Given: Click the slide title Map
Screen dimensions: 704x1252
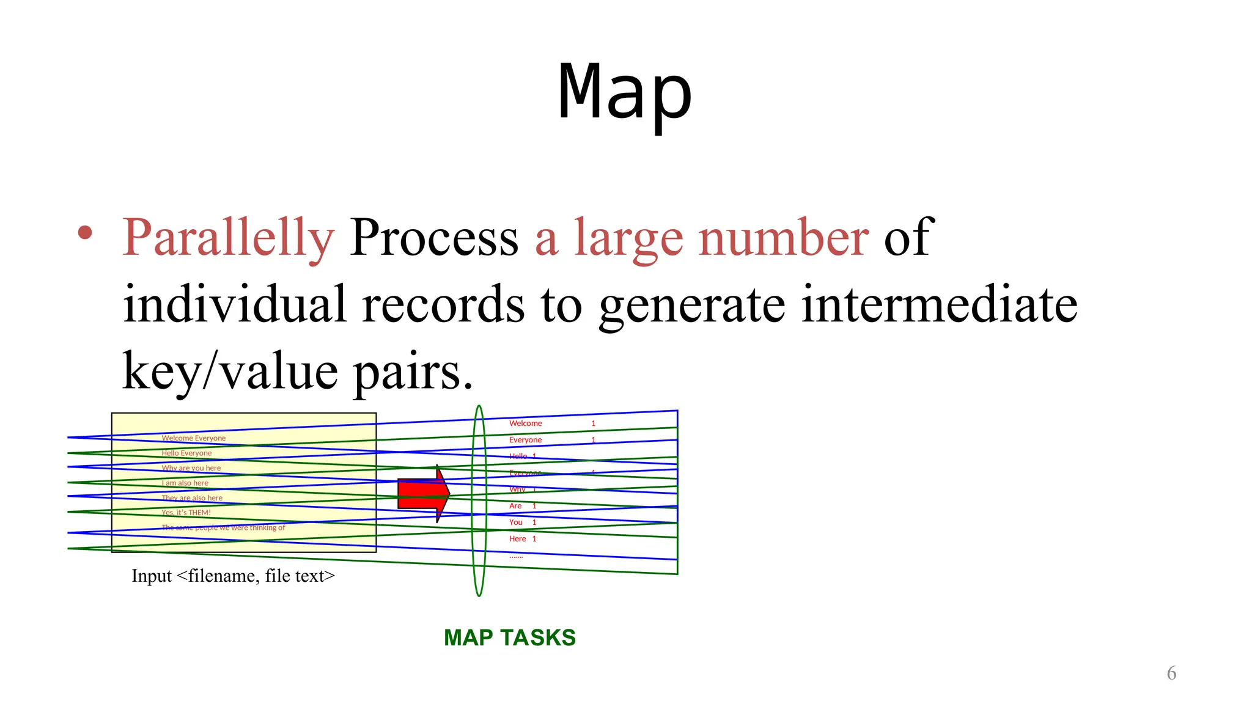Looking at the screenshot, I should click(x=625, y=93).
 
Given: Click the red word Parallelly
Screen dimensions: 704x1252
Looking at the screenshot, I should click(x=229, y=238).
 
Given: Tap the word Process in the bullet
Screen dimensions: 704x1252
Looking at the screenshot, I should click(x=434, y=238).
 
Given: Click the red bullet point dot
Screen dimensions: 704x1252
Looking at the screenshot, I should click(x=85, y=233).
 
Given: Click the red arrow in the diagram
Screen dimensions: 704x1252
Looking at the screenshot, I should click(x=423, y=494).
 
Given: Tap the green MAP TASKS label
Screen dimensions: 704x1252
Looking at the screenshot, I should click(x=509, y=637).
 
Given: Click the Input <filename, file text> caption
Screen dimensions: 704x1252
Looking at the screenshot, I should click(x=233, y=576).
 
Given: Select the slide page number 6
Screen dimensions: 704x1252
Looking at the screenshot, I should click(x=1171, y=673).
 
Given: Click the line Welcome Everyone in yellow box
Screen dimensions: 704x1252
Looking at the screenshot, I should click(x=193, y=438).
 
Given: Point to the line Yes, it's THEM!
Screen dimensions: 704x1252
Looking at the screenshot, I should click(x=186, y=513).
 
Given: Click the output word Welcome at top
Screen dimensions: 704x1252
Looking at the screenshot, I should click(x=525, y=424).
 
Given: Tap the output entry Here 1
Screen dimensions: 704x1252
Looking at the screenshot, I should click(x=522, y=539).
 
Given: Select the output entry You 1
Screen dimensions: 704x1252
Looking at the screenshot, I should click(x=522, y=522).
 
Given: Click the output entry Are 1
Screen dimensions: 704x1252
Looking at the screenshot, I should click(x=522, y=506).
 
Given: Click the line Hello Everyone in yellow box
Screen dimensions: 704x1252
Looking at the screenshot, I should click(x=186, y=453).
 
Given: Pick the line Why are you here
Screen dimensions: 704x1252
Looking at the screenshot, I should click(x=191, y=468).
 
